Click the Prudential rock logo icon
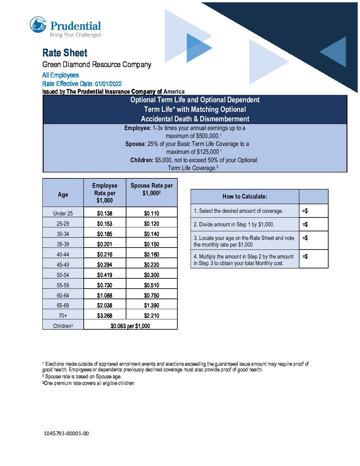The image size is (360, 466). [x=38, y=25]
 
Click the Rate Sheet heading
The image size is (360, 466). [x=65, y=53]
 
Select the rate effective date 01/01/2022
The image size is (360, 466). [x=108, y=84]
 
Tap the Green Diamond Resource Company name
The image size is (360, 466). [x=97, y=65]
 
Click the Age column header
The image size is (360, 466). [x=63, y=195]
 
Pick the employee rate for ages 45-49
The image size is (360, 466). [x=105, y=265]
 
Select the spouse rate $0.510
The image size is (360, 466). [x=152, y=285]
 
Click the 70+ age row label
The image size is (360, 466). [x=63, y=316]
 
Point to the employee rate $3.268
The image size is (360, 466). [x=105, y=316]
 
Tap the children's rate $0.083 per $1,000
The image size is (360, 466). [x=130, y=326]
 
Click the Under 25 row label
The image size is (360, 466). [x=63, y=213]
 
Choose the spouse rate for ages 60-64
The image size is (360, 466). [x=152, y=296]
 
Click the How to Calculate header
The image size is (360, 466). [x=245, y=197]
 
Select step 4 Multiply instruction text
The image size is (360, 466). [x=244, y=260]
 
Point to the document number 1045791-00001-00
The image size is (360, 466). [x=66, y=433]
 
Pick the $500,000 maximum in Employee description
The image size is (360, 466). [x=207, y=136]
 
